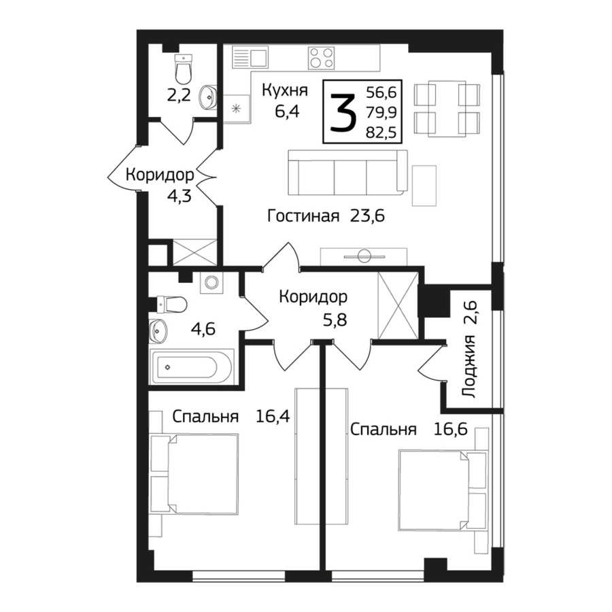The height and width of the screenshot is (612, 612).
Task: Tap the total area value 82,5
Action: (381, 133)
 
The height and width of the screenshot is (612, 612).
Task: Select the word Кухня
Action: (285, 90)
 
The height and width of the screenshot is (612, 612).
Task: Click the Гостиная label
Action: (303, 216)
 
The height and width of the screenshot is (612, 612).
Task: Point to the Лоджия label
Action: (469, 366)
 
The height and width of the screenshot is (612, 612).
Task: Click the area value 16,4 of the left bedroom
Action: (273, 416)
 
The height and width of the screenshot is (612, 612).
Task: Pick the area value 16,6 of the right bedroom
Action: (450, 429)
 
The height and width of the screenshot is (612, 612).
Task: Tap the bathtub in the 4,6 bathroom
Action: (192, 368)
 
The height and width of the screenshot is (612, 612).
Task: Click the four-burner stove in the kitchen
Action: (321, 58)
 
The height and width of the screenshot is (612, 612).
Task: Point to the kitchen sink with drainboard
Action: (250, 57)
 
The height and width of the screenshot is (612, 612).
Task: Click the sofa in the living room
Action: (347, 173)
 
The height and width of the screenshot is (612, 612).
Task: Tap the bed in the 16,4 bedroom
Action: (194, 473)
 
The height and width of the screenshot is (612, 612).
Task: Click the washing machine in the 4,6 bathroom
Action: (211, 283)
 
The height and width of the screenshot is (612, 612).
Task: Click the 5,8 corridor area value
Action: (335, 320)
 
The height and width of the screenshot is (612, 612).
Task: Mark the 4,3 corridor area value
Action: (179, 196)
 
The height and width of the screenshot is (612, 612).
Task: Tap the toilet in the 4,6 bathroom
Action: (171, 305)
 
